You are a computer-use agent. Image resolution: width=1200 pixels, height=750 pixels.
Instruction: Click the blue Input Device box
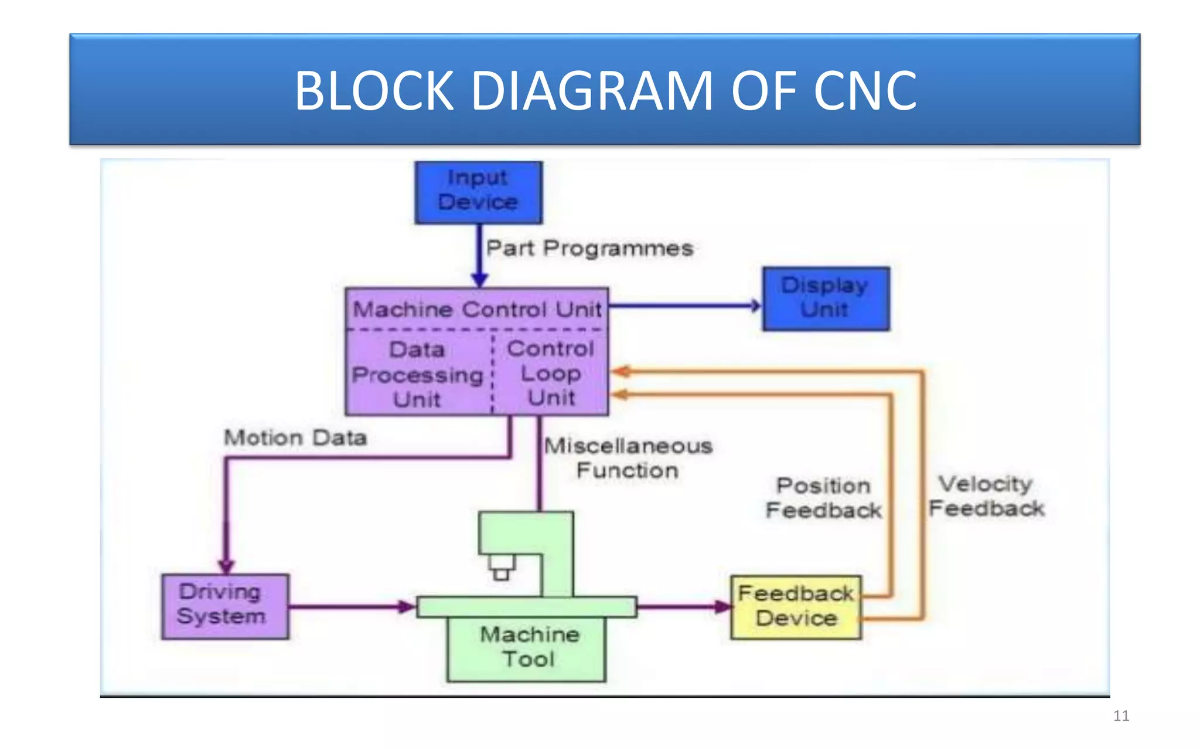pyautogui.click(x=478, y=192)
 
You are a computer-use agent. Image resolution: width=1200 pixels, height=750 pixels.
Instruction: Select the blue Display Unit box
pyautogui.click(x=826, y=298)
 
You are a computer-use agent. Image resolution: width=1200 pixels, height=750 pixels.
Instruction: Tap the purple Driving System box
pyautogui.click(x=225, y=606)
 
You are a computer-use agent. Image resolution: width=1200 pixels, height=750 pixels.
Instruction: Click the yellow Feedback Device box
pyautogui.click(x=796, y=606)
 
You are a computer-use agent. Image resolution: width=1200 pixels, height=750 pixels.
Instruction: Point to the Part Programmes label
pyautogui.click(x=589, y=248)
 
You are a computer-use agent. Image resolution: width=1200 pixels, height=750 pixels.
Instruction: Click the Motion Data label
pyautogui.click(x=295, y=438)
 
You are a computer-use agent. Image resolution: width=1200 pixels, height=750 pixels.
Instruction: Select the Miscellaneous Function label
pyautogui.click(x=628, y=458)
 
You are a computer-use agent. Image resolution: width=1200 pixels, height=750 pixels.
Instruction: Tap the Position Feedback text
pyautogui.click(x=823, y=498)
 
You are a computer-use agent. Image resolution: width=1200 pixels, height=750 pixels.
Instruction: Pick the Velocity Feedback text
pyautogui.click(x=986, y=496)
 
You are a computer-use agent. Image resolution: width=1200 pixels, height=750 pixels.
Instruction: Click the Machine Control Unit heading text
pyautogui.click(x=477, y=309)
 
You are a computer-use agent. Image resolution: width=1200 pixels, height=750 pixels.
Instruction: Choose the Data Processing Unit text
pyautogui.click(x=417, y=374)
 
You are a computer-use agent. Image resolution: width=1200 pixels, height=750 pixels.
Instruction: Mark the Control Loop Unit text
pyautogui.click(x=551, y=373)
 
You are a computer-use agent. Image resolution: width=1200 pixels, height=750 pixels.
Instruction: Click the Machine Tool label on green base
pyautogui.click(x=529, y=646)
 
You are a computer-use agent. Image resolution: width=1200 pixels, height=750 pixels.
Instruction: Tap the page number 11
pyautogui.click(x=1120, y=715)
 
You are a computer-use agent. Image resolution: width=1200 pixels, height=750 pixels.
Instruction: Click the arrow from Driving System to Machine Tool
pyautogui.click(x=352, y=606)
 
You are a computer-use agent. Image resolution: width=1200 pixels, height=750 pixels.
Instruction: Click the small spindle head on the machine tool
pyautogui.click(x=501, y=567)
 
